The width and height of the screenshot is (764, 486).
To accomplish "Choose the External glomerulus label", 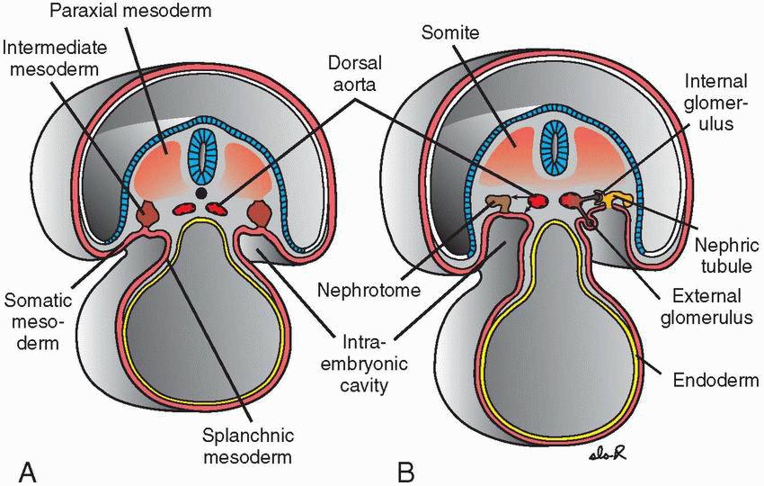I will click(x=707, y=306).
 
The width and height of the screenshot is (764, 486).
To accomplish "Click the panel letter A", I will click(x=28, y=470).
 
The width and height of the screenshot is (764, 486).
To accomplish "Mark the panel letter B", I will click(x=405, y=470).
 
